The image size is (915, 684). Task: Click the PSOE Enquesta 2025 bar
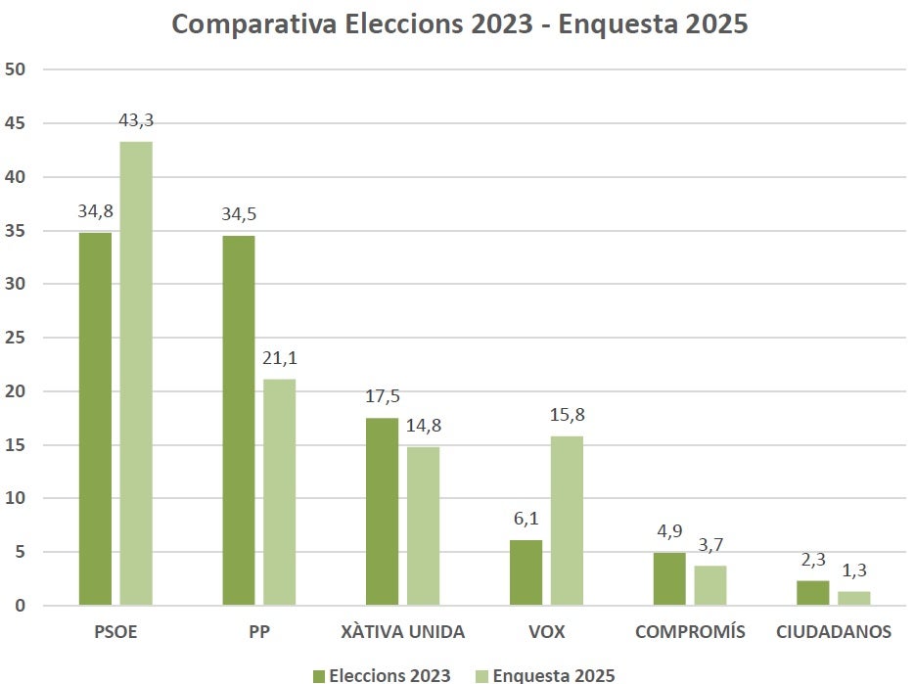[136, 373]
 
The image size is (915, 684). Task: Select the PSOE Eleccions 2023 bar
[95, 419]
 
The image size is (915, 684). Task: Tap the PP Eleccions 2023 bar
[239, 421]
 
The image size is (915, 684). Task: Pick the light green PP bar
[280, 492]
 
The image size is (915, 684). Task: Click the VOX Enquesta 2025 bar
[567, 521]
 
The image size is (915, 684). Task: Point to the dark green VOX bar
[526, 572]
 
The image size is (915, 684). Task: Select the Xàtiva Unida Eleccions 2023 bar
[382, 512]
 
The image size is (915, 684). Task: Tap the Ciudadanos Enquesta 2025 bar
[853, 598]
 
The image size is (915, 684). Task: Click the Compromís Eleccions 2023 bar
[669, 579]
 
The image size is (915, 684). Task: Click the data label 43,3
[136, 121]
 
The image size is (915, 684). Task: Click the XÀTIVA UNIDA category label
[402, 632]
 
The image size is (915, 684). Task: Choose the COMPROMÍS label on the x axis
[690, 632]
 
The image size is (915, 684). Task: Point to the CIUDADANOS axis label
[834, 632]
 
